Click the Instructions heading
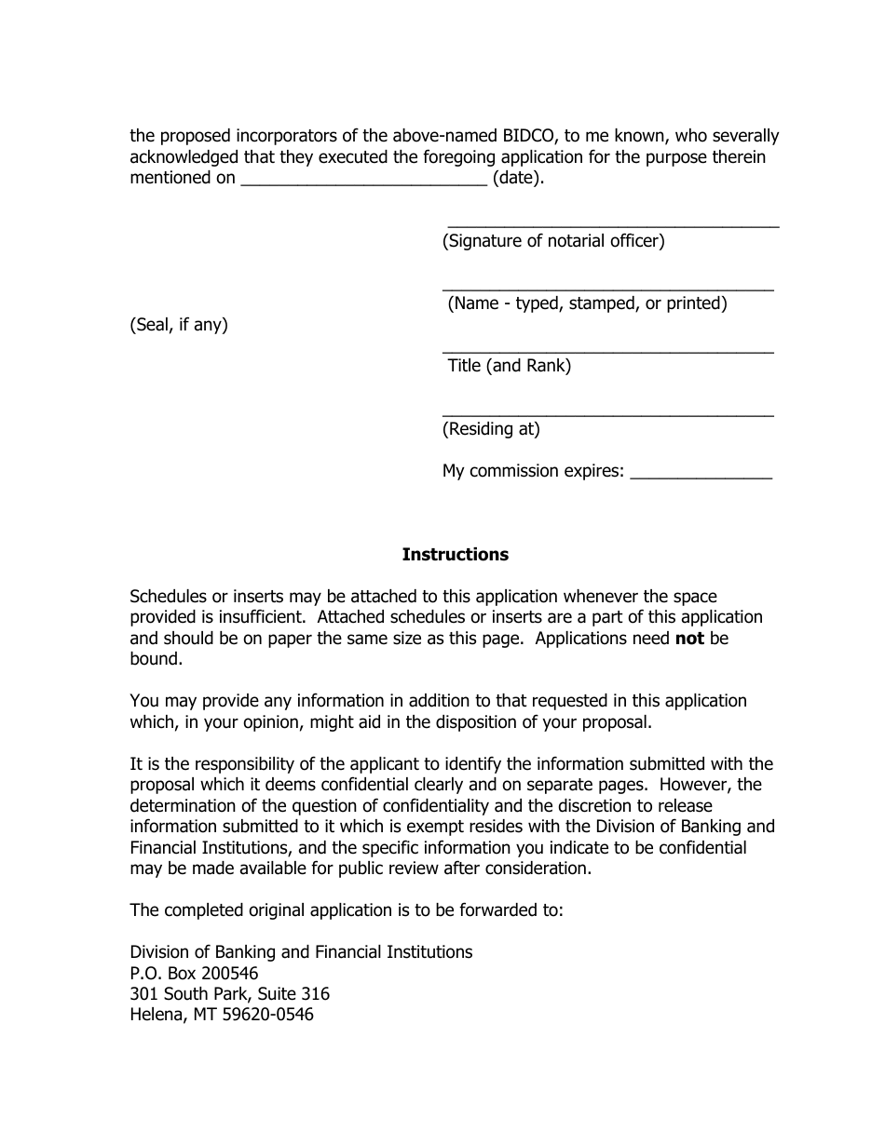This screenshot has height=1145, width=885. [455, 555]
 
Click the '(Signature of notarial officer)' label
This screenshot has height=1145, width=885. [553, 241]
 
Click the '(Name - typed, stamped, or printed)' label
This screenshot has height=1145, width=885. [587, 303]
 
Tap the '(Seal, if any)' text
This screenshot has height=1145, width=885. [179, 325]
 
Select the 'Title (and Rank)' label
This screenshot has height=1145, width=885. [509, 366]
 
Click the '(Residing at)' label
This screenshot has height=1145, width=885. [491, 429]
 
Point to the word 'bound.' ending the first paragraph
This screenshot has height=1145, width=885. [155, 659]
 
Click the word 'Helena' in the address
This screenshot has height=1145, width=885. [157, 1015]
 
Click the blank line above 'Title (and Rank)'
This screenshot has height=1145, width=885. [607, 352]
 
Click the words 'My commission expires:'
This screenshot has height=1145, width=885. [533, 471]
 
